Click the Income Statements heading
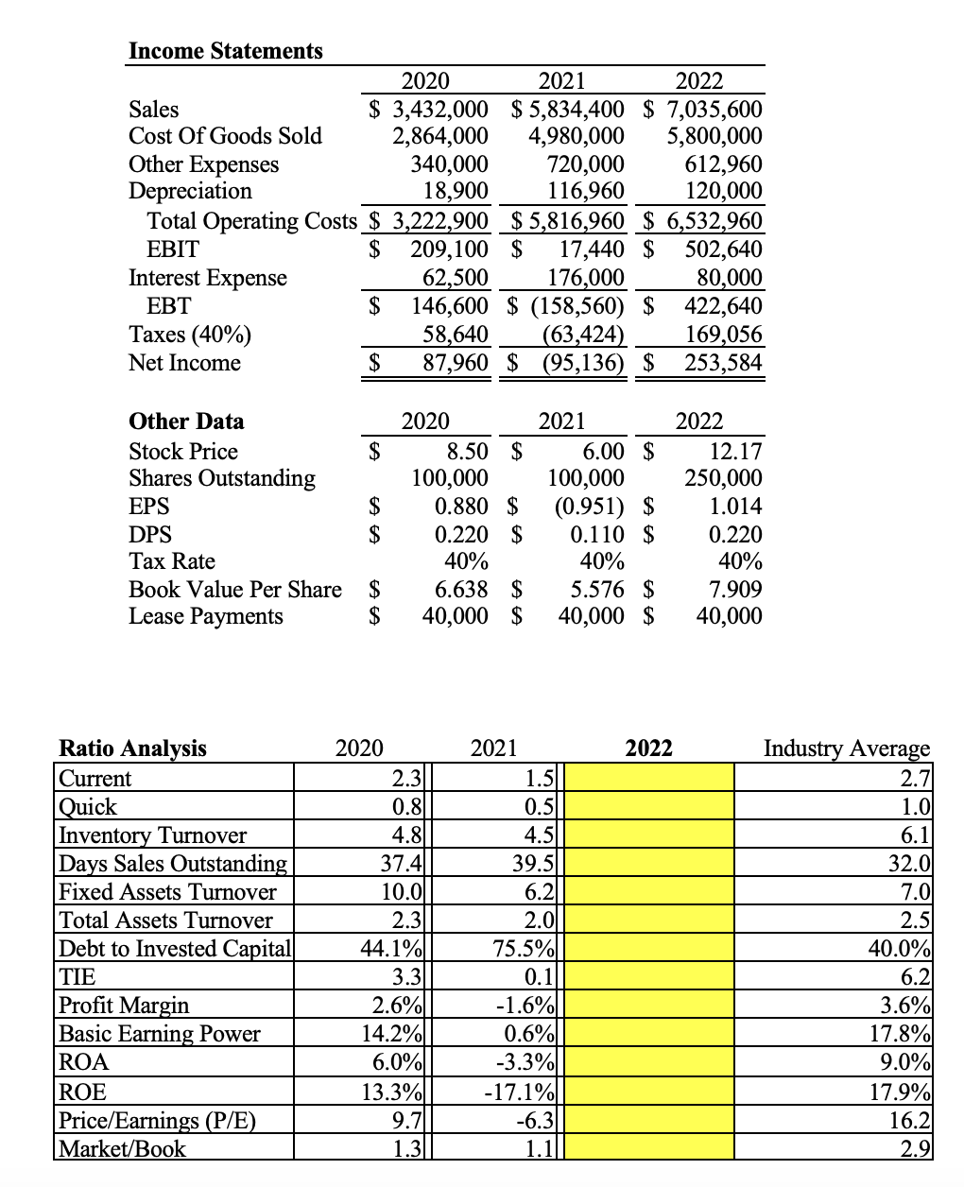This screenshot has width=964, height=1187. (x=225, y=51)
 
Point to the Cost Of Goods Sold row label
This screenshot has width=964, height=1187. (x=225, y=136)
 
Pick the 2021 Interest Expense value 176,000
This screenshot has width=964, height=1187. (x=586, y=278)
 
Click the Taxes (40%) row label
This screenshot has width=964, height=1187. (x=190, y=335)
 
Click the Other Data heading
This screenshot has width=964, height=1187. (x=186, y=421)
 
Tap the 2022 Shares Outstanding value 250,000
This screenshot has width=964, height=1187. (x=723, y=478)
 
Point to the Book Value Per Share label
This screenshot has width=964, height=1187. (x=235, y=590)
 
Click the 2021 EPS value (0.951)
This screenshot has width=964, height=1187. (x=588, y=506)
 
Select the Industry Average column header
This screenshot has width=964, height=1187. (x=846, y=748)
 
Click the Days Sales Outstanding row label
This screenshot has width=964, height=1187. (x=173, y=864)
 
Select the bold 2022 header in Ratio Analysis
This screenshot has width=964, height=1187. (x=649, y=748)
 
